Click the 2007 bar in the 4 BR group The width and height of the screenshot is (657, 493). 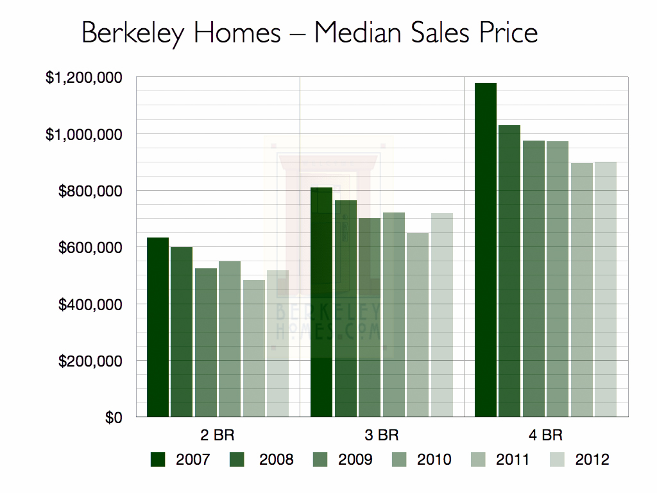486,250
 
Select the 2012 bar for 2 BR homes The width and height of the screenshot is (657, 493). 278,344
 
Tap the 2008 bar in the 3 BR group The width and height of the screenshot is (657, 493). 345,309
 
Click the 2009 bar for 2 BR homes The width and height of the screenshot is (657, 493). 206,343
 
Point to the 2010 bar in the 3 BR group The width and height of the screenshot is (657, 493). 393,315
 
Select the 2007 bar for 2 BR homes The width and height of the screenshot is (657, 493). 158,327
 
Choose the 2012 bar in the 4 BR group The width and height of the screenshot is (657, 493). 605,290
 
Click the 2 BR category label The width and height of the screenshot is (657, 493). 218,435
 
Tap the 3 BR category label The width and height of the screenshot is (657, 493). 381,435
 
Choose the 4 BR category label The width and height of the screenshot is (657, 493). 545,435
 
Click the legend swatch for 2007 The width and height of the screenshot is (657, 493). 158,459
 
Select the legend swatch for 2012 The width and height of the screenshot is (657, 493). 558,459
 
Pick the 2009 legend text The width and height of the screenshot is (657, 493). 355,459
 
